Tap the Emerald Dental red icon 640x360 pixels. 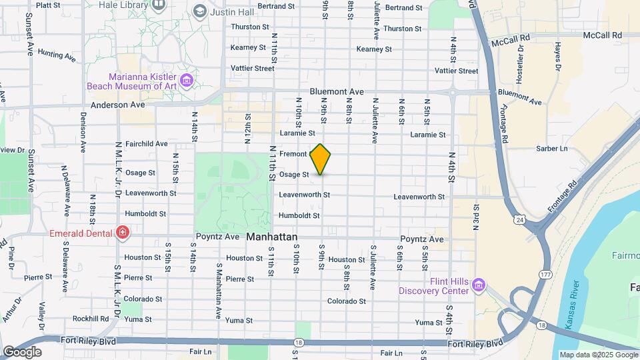[122, 233]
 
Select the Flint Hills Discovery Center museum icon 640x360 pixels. [478, 285]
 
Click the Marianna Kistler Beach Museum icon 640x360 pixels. [186, 81]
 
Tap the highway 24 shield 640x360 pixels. [519, 218]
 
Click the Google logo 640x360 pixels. [22, 351]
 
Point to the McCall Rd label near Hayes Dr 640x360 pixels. [602, 35]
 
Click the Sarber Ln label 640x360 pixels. [555, 148]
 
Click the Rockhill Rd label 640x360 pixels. [91, 319]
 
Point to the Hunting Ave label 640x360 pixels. [57, 54]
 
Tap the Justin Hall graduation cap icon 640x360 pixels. [199, 11]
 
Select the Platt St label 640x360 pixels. [47, 5]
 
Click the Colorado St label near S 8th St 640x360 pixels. [347, 301]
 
